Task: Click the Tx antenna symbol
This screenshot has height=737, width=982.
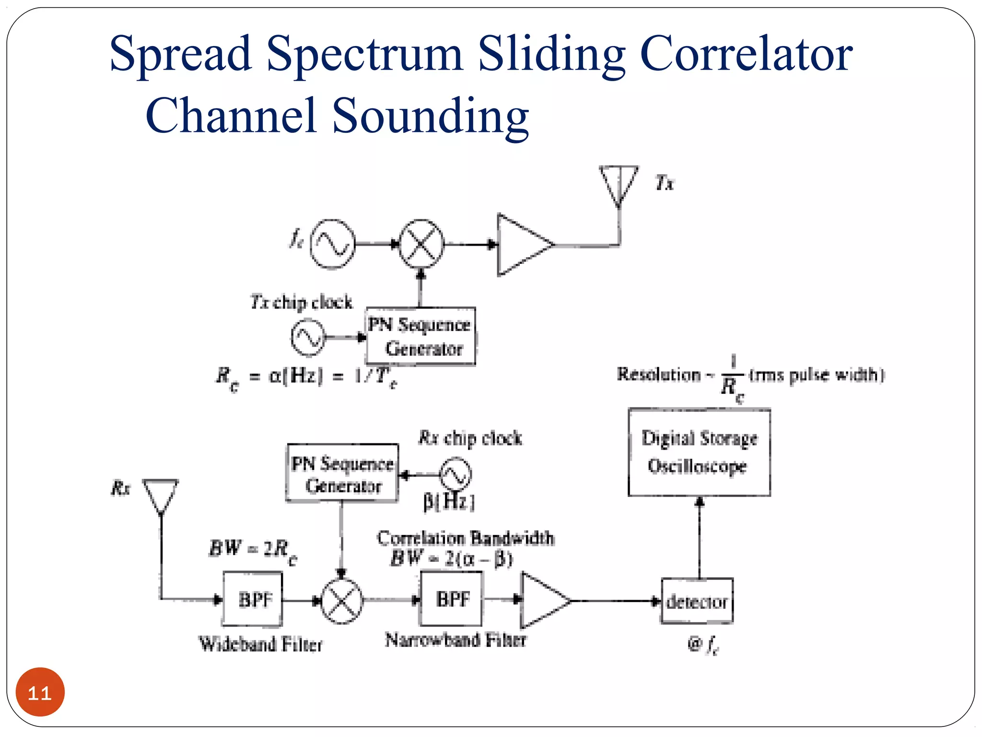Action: [619, 185]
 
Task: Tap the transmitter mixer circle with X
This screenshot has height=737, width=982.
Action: [421, 244]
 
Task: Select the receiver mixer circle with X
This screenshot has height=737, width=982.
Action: [341, 601]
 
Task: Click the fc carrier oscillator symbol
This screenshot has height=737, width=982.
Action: [332, 244]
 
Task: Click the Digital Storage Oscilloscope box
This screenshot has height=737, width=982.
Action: [699, 452]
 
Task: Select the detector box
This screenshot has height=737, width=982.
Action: [697, 601]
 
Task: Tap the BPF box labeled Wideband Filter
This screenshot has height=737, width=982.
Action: [253, 599]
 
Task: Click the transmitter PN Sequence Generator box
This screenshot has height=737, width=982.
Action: [421, 336]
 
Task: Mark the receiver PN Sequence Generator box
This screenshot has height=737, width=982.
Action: [342, 474]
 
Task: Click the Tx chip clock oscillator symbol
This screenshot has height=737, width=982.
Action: [308, 338]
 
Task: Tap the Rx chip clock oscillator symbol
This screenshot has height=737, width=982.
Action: [456, 475]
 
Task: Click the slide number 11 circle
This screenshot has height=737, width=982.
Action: [40, 692]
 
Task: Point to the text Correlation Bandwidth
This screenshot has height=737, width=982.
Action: [465, 538]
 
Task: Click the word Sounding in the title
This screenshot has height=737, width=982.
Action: [430, 116]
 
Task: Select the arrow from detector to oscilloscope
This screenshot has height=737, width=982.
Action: [700, 537]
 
